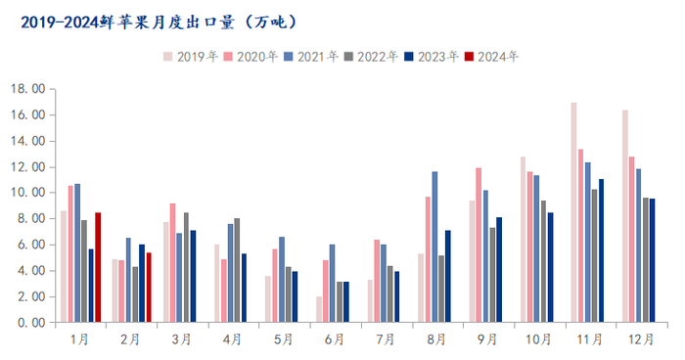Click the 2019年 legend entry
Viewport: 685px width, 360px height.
click(191, 57)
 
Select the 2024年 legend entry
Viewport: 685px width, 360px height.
click(492, 57)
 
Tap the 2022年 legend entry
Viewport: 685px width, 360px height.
click(372, 57)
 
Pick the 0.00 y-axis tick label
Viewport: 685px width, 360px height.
click(30, 322)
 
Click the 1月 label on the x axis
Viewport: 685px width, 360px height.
click(80, 339)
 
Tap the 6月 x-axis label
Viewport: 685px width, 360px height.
click(333, 339)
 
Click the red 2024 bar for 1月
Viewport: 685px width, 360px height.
click(98, 267)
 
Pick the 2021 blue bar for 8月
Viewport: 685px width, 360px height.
click(434, 247)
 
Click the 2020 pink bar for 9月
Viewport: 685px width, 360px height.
click(479, 245)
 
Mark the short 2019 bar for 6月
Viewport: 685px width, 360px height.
click(319, 309)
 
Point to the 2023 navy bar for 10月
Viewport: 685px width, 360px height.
click(550, 267)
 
